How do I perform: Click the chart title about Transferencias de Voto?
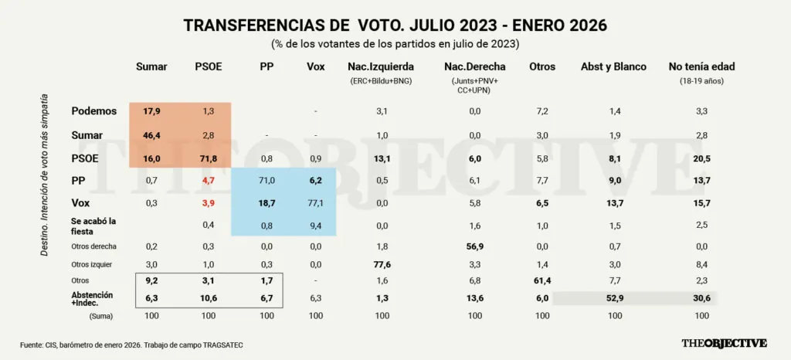pyautogui.click(x=395, y=25)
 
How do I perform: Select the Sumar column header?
pyautogui.click(x=151, y=66)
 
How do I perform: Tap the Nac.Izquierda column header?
pyautogui.click(x=380, y=66)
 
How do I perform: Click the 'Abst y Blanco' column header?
pyautogui.click(x=613, y=66)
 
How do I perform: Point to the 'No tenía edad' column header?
pyautogui.click(x=701, y=66)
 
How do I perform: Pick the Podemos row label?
pyautogui.click(x=93, y=111)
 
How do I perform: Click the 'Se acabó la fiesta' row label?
pyautogui.click(x=93, y=226)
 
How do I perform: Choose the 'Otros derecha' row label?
pyautogui.click(x=93, y=246)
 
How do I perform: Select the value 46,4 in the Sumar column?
pyautogui.click(x=151, y=135)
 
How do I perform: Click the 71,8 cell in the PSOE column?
pyautogui.click(x=209, y=158)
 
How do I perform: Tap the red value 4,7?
pyautogui.click(x=209, y=182)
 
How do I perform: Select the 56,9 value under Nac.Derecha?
pyautogui.click(x=474, y=246)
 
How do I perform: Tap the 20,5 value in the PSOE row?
pyautogui.click(x=701, y=158)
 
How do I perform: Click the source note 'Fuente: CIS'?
pyautogui.click(x=131, y=344)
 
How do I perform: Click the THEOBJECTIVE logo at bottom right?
pyautogui.click(x=723, y=343)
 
